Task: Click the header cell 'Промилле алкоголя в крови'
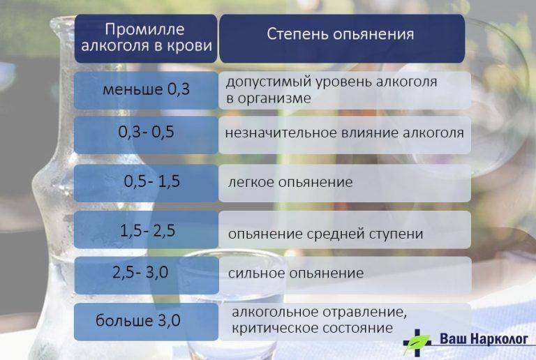pos(145,39)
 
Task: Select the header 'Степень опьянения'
pos(341,35)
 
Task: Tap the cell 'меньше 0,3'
pos(146,90)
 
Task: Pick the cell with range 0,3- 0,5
pos(146,133)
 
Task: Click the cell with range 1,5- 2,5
pos(147,232)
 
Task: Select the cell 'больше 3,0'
pos(138,321)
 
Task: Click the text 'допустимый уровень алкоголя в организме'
pos(332,90)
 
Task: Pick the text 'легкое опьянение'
pos(290,182)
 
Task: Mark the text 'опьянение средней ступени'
pos(326,233)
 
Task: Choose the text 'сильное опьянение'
pos(296,273)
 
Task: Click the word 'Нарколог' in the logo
pos(498,338)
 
